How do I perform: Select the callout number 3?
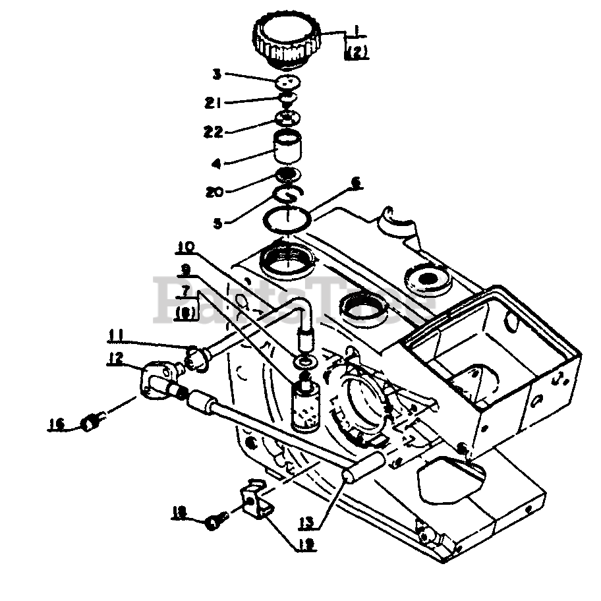point(215,74)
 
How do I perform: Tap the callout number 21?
point(214,103)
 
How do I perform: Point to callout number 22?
point(214,132)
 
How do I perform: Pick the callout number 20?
point(215,192)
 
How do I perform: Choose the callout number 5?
point(218,223)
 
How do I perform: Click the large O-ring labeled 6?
point(288,217)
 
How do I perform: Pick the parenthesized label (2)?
point(356,53)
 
